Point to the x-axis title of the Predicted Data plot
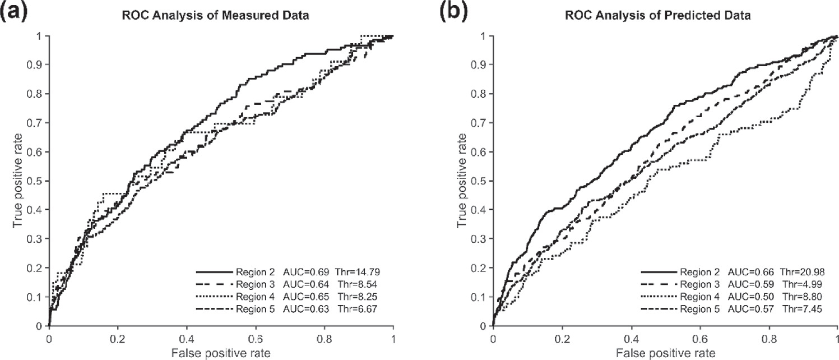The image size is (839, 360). click(665, 353)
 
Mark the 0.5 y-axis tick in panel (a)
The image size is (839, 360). click(37, 181)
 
